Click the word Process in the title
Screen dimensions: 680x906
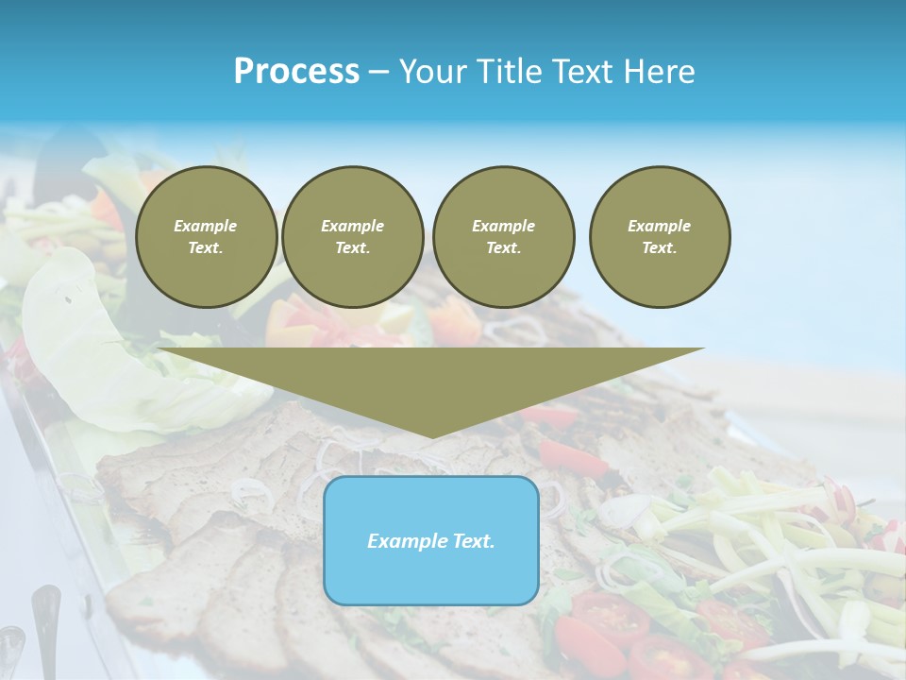(296, 72)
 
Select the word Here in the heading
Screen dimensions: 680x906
(657, 72)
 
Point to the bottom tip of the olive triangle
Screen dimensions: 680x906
(431, 435)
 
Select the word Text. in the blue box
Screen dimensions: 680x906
(473, 541)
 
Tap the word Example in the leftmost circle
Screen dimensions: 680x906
(206, 226)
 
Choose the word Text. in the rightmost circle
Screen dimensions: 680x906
(660, 248)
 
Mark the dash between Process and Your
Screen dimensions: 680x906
(379, 72)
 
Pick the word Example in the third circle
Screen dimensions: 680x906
(504, 226)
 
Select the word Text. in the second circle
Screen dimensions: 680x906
(353, 248)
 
